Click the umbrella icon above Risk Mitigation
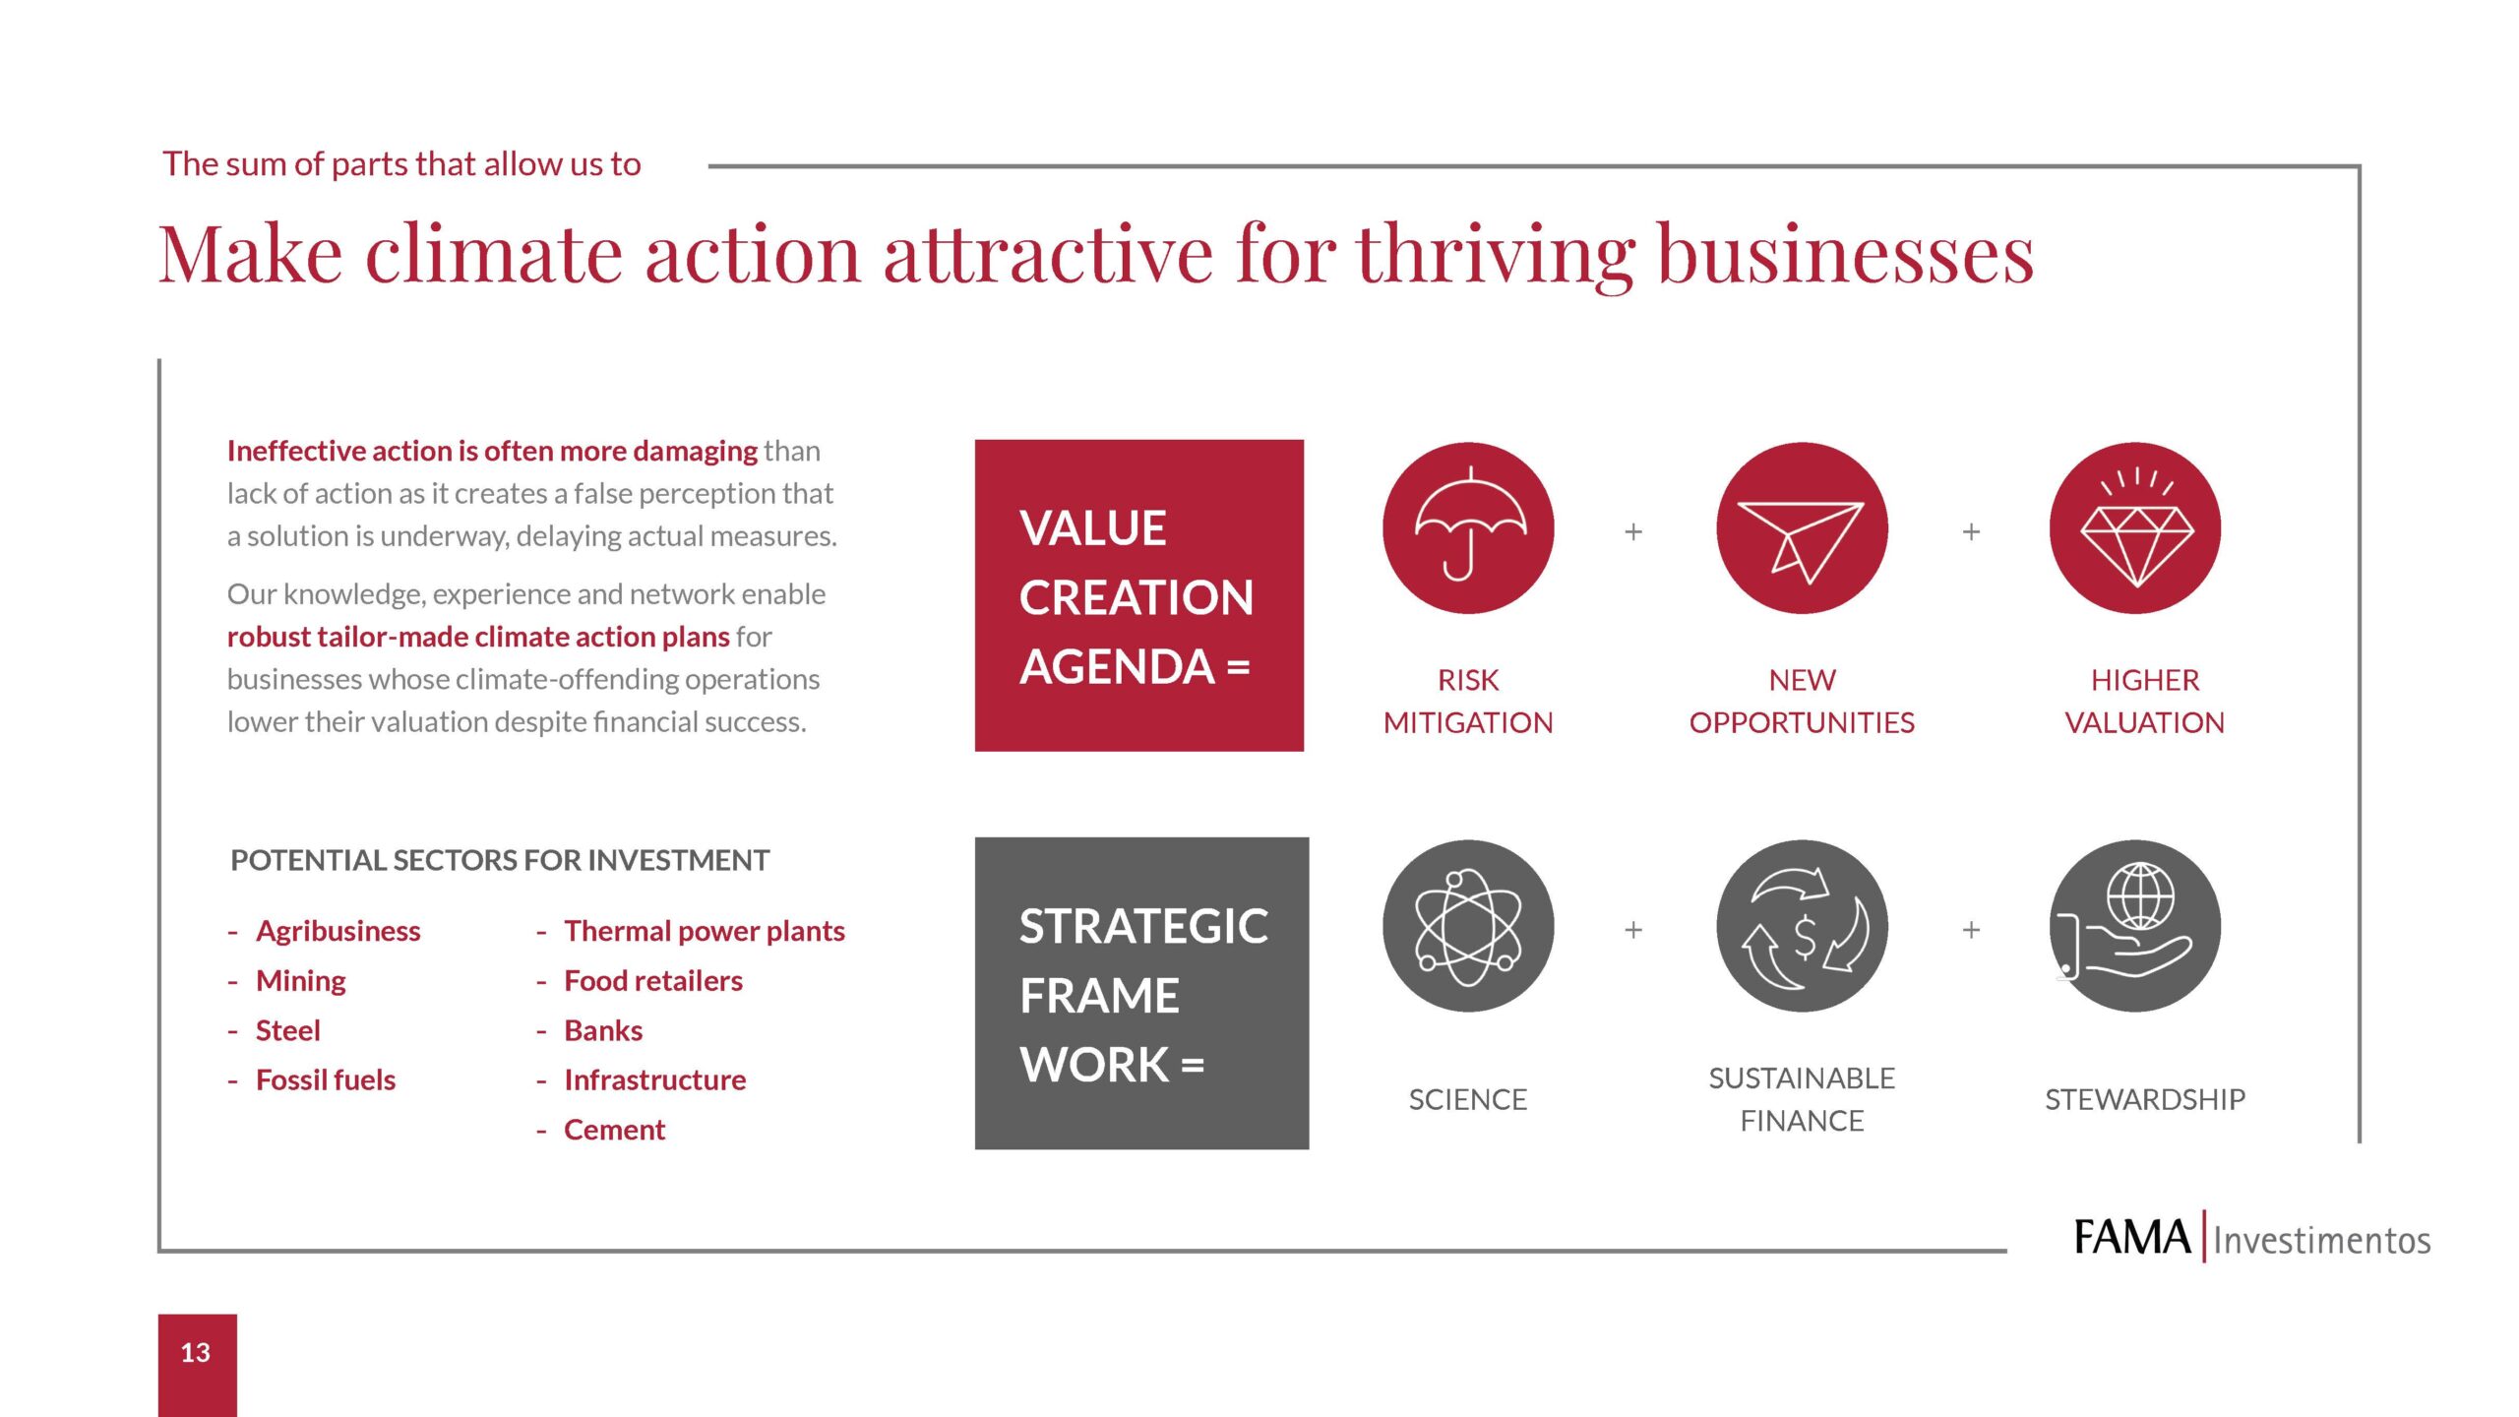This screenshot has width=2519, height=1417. coord(1468,527)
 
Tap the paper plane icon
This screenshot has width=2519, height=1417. coord(1801,536)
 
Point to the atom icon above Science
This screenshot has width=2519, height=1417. coord(1468,926)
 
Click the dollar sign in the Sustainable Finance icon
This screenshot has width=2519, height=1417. coord(1805,937)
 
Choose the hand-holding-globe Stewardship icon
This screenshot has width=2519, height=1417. coord(2135,926)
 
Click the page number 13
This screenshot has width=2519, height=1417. coord(196,1353)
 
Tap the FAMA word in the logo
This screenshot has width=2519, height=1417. coord(2131,1238)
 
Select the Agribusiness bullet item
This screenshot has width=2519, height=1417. coord(338,931)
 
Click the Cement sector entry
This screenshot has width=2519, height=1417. coord(614,1130)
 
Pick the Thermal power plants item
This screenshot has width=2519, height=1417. coord(704,931)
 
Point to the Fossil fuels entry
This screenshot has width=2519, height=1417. coord(325,1080)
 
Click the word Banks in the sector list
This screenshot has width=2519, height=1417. coord(603,1030)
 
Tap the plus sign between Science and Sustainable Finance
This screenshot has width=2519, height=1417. coord(1633,930)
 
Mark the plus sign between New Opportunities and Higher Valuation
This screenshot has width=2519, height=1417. coord(1971,532)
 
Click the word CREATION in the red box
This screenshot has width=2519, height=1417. coord(1136,597)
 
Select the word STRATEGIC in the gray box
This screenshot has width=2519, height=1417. coord(1143,927)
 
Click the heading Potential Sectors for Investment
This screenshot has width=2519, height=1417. coord(500,860)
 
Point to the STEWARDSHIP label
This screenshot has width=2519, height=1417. coord(2145,1099)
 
